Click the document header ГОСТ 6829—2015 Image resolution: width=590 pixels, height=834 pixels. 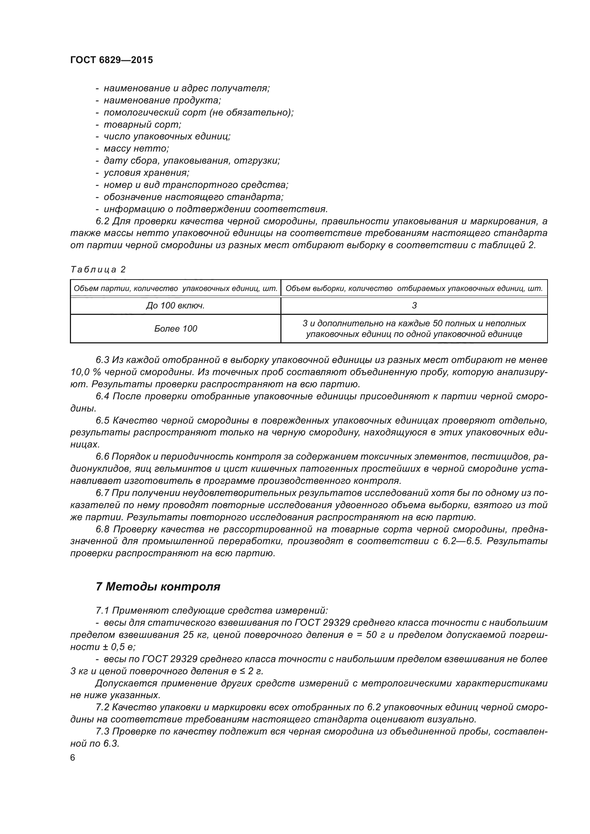(x=112, y=60)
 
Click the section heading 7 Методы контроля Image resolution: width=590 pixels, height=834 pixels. (x=158, y=587)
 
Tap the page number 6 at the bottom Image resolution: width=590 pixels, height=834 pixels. (x=73, y=758)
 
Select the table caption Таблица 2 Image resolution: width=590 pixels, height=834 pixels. (x=98, y=270)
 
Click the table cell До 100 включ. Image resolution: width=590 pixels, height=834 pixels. (x=175, y=306)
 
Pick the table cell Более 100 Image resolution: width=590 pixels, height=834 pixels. (x=175, y=329)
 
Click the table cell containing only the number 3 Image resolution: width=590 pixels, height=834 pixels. (x=414, y=306)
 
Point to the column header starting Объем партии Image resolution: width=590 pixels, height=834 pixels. (x=175, y=289)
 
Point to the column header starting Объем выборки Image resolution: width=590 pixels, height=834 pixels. (x=414, y=289)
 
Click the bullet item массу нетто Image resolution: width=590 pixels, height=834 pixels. (x=136, y=149)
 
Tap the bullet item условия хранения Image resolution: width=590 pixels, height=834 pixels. (x=146, y=173)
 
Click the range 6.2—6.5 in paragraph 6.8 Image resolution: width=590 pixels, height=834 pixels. (x=461, y=541)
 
